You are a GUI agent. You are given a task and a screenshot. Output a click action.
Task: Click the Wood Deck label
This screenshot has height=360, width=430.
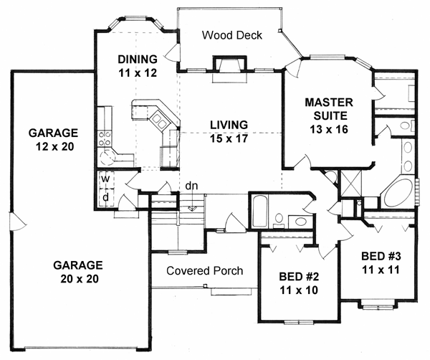point(232,35)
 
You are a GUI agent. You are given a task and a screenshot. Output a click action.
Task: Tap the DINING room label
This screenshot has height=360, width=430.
point(138,59)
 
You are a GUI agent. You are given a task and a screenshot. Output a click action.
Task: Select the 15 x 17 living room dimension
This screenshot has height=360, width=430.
point(229,138)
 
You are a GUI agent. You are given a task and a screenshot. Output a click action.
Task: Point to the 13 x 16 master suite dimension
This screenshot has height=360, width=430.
point(329,129)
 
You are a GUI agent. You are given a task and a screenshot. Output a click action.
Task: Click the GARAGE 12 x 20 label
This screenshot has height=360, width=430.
point(53,140)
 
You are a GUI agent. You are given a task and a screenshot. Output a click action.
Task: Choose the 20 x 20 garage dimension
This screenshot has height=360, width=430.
point(80,279)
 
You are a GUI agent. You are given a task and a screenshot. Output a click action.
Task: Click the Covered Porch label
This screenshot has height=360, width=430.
point(204,270)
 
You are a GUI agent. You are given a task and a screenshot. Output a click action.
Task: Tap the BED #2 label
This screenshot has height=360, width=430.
point(299,277)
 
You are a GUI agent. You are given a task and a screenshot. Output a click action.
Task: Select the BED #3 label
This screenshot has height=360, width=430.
point(381,256)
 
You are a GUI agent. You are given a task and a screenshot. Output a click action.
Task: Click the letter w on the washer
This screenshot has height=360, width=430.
point(105,179)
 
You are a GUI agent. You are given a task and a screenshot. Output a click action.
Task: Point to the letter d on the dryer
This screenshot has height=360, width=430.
point(105,197)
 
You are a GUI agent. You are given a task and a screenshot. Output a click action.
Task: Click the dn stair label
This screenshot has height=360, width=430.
point(191,186)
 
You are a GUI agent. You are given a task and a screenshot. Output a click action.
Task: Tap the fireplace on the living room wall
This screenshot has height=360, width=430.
point(230,68)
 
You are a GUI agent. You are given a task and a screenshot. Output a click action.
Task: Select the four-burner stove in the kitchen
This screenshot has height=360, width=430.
point(105,139)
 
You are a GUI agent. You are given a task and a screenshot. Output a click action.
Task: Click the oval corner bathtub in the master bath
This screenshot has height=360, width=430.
point(398,194)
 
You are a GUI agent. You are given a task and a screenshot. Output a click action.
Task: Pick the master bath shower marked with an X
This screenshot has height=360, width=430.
point(350,182)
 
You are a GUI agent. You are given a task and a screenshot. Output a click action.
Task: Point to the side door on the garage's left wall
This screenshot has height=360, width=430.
point(17,222)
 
